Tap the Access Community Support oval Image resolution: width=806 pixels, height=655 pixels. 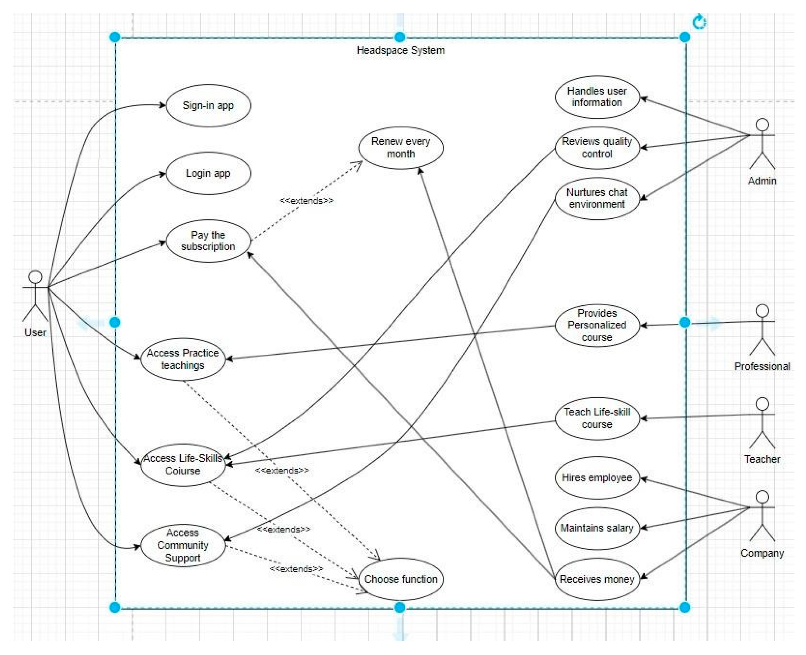(x=183, y=545)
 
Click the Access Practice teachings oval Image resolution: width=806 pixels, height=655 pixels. (x=183, y=359)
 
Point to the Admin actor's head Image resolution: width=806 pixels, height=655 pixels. (x=762, y=124)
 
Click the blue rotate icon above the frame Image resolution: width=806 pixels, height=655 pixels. (x=699, y=22)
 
